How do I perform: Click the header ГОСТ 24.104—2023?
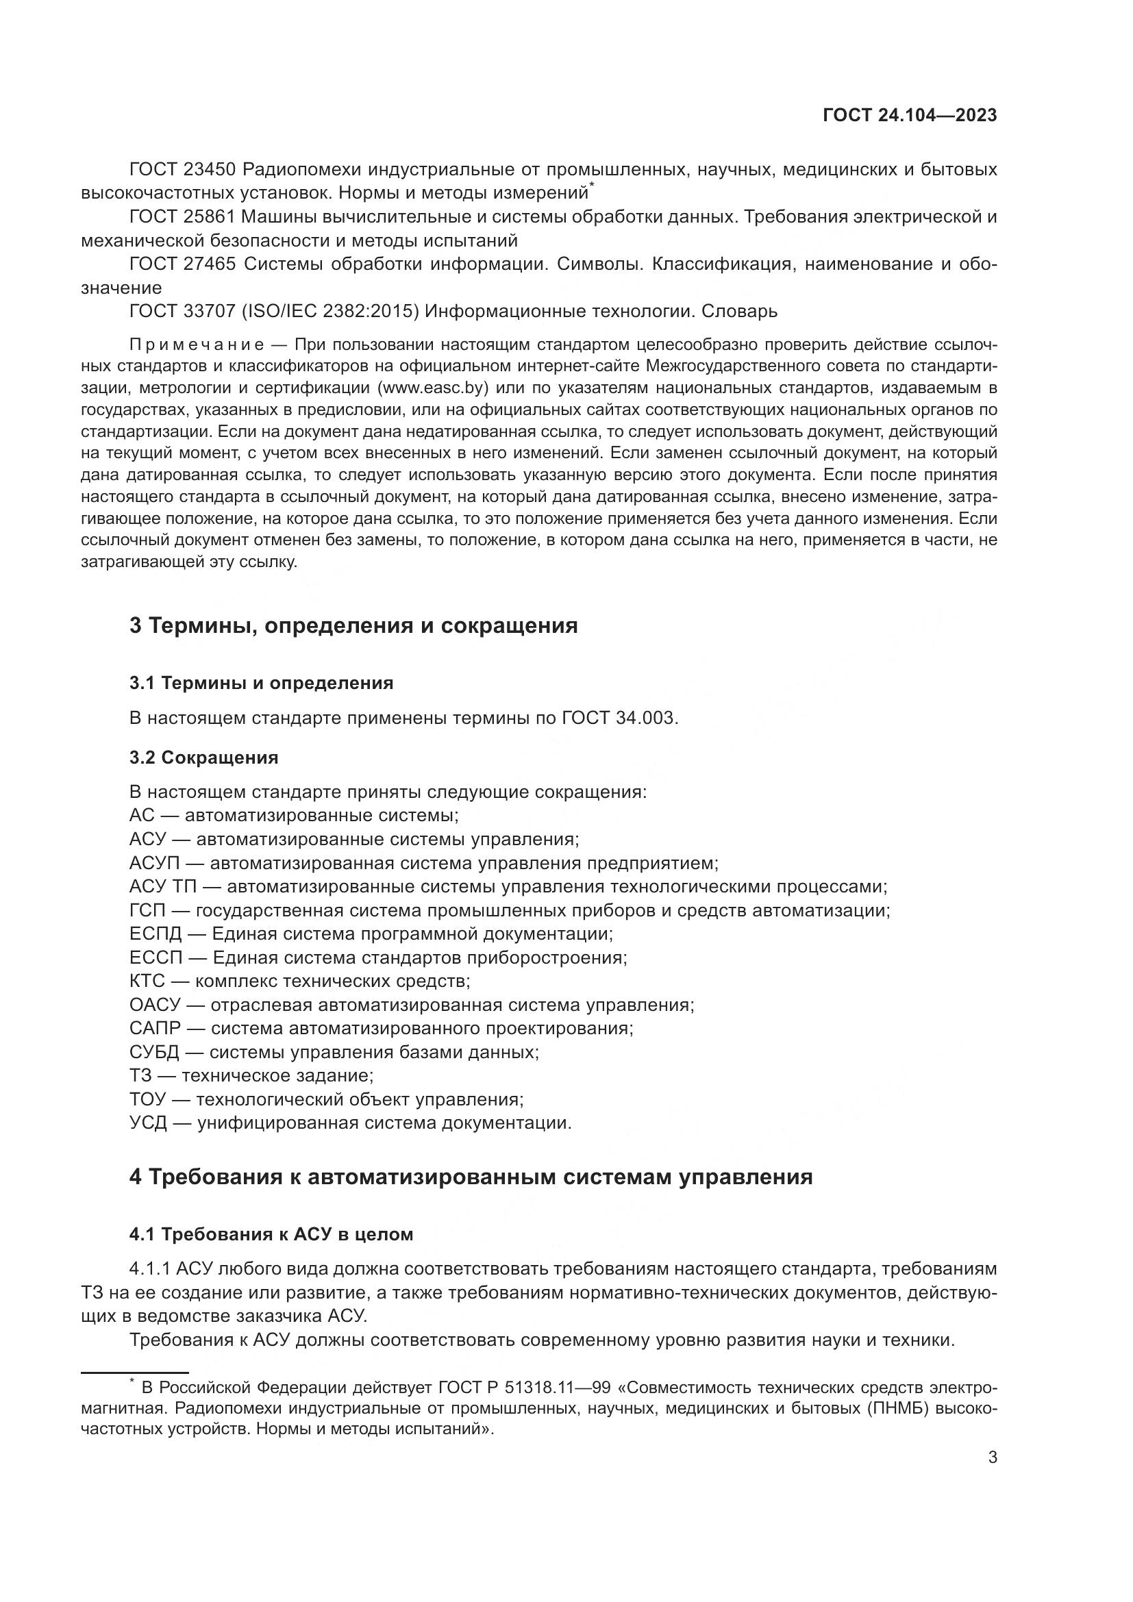(910, 116)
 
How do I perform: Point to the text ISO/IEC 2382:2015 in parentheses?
(330, 311)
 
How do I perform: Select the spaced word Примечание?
(197, 345)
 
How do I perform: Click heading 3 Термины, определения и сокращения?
(353, 625)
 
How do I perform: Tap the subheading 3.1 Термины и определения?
(261, 683)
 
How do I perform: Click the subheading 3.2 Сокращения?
(203, 757)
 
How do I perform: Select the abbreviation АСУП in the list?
(154, 864)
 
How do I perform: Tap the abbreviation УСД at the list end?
(147, 1123)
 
